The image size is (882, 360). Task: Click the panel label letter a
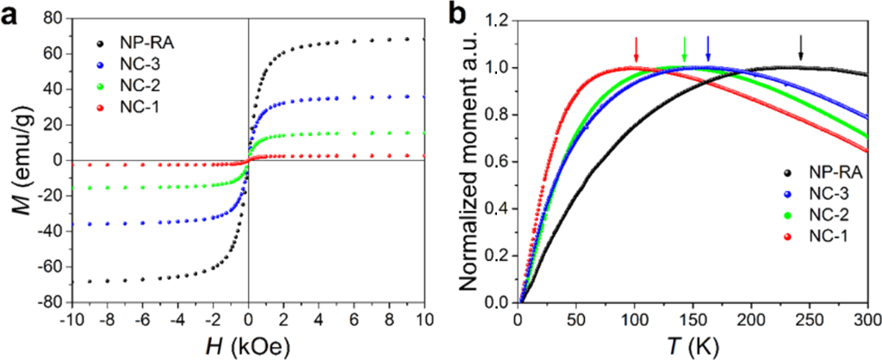click(x=13, y=15)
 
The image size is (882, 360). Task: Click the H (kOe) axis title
click(x=248, y=344)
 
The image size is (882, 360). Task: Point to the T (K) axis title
click(x=692, y=344)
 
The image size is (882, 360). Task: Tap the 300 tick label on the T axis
click(x=866, y=318)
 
